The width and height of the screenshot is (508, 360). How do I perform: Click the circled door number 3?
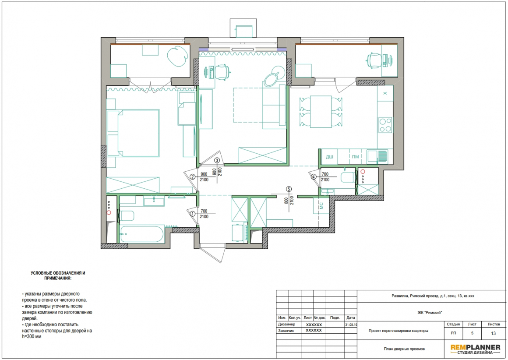pyautogui.click(x=217, y=160)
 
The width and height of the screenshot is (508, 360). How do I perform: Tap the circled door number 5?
pyautogui.click(x=289, y=189)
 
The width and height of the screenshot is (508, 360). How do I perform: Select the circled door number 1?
pyautogui.click(x=192, y=214)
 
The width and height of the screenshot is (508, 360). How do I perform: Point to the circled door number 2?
pyautogui.click(x=192, y=177)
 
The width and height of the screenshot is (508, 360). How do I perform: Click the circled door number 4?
pyautogui.click(x=313, y=177)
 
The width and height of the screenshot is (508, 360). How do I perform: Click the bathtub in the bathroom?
pyautogui.click(x=142, y=234)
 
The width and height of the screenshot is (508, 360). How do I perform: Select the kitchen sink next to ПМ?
pyautogui.click(x=377, y=156)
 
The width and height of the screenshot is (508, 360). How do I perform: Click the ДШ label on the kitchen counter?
pyautogui.click(x=329, y=157)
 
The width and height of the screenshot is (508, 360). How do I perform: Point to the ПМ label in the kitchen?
pyautogui.click(x=356, y=157)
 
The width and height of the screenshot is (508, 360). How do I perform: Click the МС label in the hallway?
pyautogui.click(x=321, y=205)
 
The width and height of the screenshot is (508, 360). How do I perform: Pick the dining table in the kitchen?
pyautogui.click(x=321, y=112)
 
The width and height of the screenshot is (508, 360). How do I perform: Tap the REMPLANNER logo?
pyautogui.click(x=475, y=349)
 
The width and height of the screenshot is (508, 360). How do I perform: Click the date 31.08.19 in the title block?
pyautogui.click(x=351, y=325)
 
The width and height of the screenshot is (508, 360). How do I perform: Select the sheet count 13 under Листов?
pyautogui.click(x=493, y=333)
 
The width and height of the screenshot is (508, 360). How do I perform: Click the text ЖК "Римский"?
pyautogui.click(x=430, y=313)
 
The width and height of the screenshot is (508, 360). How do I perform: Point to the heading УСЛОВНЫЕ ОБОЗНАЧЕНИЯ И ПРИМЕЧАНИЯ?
pyautogui.click(x=58, y=275)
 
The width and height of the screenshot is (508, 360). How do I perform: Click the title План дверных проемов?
pyautogui.click(x=404, y=349)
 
